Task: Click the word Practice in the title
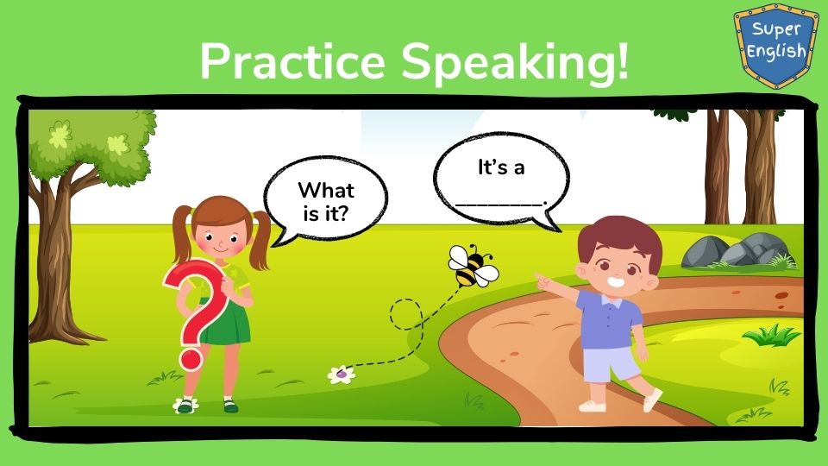tap(293, 61)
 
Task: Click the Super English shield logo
tap(776, 46)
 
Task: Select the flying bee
tap(474, 266)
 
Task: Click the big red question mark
tap(197, 312)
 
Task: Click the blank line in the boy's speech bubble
tap(499, 203)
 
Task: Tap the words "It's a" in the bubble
tap(501, 167)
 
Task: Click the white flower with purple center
tap(342, 375)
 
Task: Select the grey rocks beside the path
tap(738, 250)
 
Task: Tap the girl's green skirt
tap(224, 324)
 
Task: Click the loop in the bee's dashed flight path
tap(406, 314)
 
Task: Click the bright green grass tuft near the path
tap(771, 335)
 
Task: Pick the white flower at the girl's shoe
tap(185, 406)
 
